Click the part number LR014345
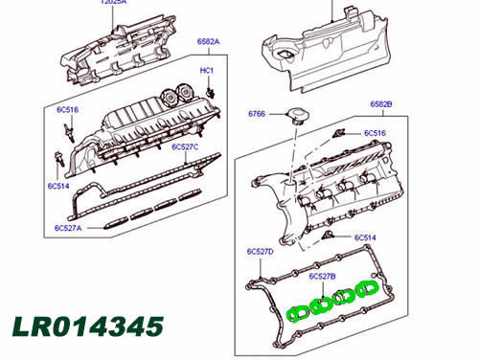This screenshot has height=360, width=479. (x=88, y=326)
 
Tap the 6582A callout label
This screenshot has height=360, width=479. (x=208, y=41)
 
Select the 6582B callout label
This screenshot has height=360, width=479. (x=381, y=104)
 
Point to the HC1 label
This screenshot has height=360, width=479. (x=207, y=71)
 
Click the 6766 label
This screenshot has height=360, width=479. (x=257, y=114)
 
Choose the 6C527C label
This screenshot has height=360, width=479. (x=185, y=146)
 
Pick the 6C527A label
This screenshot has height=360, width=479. (x=68, y=228)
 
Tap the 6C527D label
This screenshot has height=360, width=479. (x=261, y=252)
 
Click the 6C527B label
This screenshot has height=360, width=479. (x=323, y=277)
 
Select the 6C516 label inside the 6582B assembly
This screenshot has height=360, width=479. (x=375, y=133)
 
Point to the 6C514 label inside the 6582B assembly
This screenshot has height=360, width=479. (x=365, y=237)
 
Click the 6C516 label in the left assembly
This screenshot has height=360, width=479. (x=68, y=110)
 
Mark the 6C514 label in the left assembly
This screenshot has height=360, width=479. (x=58, y=186)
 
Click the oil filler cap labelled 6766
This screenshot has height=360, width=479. (x=298, y=116)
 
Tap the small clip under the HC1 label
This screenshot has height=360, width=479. (x=211, y=93)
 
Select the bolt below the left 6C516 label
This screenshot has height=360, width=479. (x=70, y=132)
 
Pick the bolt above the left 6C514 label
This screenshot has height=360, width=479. (x=59, y=159)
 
